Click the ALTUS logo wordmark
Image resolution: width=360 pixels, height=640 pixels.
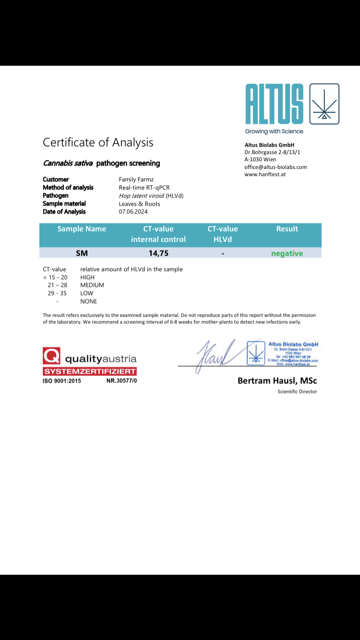click(274, 104)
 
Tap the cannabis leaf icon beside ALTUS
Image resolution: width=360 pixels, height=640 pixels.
click(324, 104)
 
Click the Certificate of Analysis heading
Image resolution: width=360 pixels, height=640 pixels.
click(98, 142)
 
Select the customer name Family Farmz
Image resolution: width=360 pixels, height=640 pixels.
click(136, 179)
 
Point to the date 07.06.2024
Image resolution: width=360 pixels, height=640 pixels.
click(133, 212)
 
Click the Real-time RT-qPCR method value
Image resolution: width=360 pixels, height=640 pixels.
click(144, 188)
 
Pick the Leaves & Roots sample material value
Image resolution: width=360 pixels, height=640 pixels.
click(139, 204)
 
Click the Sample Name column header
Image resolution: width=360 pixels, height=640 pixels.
click(82, 229)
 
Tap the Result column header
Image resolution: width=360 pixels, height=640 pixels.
click(287, 229)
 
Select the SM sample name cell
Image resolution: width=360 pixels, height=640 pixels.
click(82, 253)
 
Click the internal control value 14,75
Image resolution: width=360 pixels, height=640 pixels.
click(158, 253)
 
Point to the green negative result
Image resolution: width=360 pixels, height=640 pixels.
click(287, 253)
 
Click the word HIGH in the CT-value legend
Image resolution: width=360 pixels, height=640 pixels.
click(87, 277)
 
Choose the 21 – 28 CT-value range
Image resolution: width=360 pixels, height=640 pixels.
click(57, 285)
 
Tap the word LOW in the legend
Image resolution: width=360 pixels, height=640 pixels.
click(87, 293)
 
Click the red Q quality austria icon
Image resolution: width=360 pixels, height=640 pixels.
click(51, 356)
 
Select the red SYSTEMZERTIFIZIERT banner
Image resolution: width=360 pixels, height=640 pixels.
click(90, 371)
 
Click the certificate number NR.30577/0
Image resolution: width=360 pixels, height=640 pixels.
click(121, 380)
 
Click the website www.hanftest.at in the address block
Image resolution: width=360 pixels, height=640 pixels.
click(265, 174)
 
